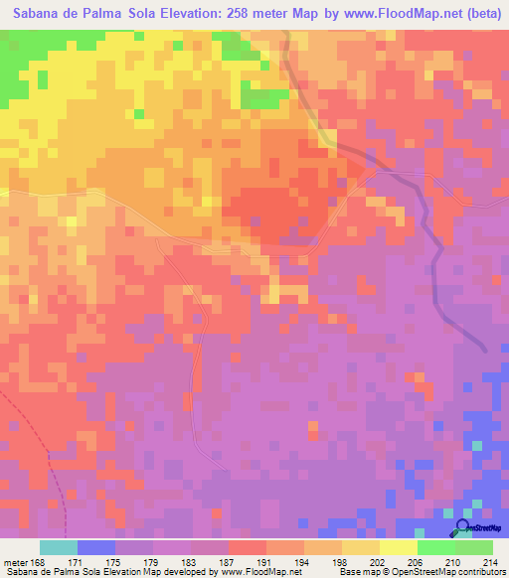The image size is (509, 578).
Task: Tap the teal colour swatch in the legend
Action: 59,547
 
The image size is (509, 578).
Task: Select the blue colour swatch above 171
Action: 96,547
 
